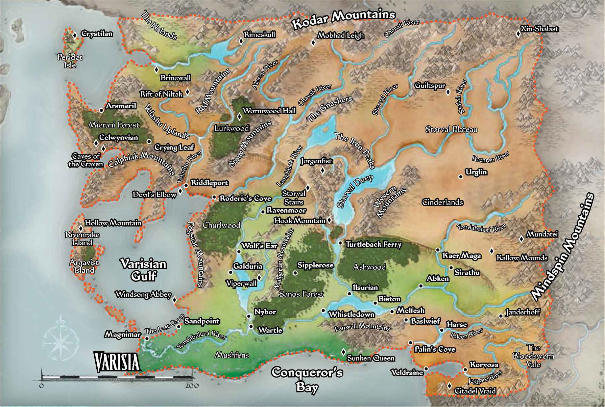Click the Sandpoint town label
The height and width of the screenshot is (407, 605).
(x=202, y=321)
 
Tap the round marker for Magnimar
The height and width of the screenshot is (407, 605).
(x=147, y=339)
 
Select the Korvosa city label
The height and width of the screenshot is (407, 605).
(x=484, y=365)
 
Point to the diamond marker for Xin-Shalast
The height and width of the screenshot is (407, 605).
(x=518, y=34)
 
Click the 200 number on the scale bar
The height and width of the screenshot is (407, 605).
(x=192, y=386)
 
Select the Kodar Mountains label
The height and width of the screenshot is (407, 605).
(x=343, y=19)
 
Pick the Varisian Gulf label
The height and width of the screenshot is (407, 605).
(x=143, y=270)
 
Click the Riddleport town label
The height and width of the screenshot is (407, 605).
(x=209, y=183)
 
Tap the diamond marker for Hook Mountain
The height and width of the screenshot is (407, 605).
(x=329, y=220)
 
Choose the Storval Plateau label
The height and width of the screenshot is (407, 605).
(x=451, y=129)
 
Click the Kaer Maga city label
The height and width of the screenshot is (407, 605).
(x=461, y=256)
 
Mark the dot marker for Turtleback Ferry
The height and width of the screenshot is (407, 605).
(x=340, y=243)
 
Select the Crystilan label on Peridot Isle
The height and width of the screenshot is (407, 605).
(x=97, y=34)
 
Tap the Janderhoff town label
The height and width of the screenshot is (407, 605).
(x=522, y=312)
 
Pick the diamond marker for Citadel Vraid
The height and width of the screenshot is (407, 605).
(x=449, y=386)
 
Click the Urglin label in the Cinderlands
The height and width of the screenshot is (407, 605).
(x=476, y=172)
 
